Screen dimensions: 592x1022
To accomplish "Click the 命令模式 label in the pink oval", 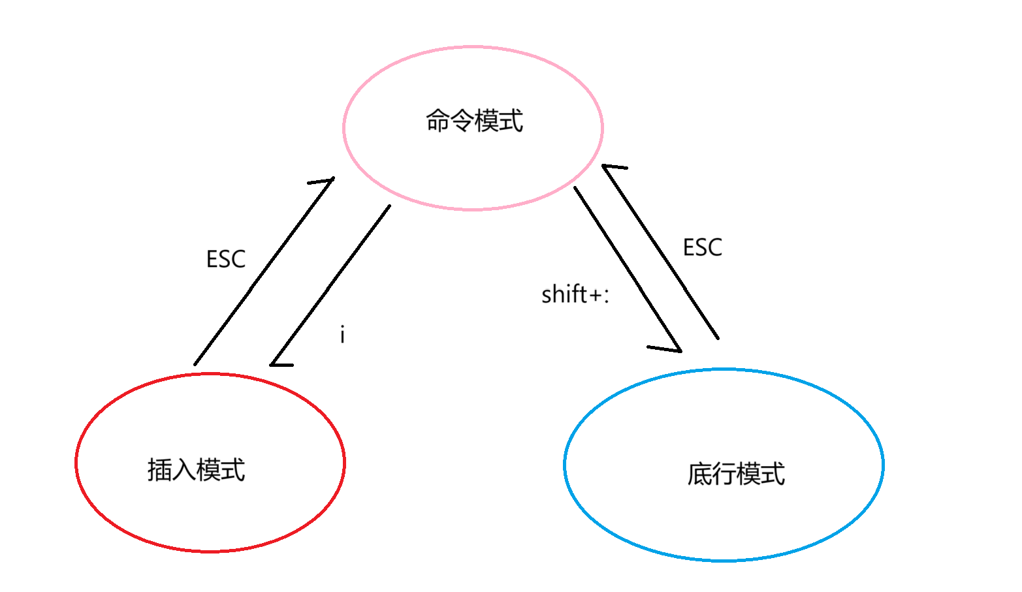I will (475, 121).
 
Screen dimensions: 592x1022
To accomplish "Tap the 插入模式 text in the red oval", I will (196, 470).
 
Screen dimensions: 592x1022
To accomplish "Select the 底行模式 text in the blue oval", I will (736, 474).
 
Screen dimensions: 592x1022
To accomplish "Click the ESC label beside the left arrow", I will (226, 259).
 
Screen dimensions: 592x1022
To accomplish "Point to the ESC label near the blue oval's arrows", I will (703, 247).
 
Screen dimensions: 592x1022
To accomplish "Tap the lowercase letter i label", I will (342, 334).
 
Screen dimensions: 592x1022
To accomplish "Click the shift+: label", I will (575, 294).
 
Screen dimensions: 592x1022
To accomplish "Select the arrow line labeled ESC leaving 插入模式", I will (261, 274).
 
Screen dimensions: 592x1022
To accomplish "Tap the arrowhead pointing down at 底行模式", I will (673, 347).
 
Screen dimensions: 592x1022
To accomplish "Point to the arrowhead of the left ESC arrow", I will (327, 180).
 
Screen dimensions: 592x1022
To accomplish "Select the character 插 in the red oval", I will (159, 470).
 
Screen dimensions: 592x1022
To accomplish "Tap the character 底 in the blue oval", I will (699, 474).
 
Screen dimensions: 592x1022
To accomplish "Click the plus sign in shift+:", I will (594, 295).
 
